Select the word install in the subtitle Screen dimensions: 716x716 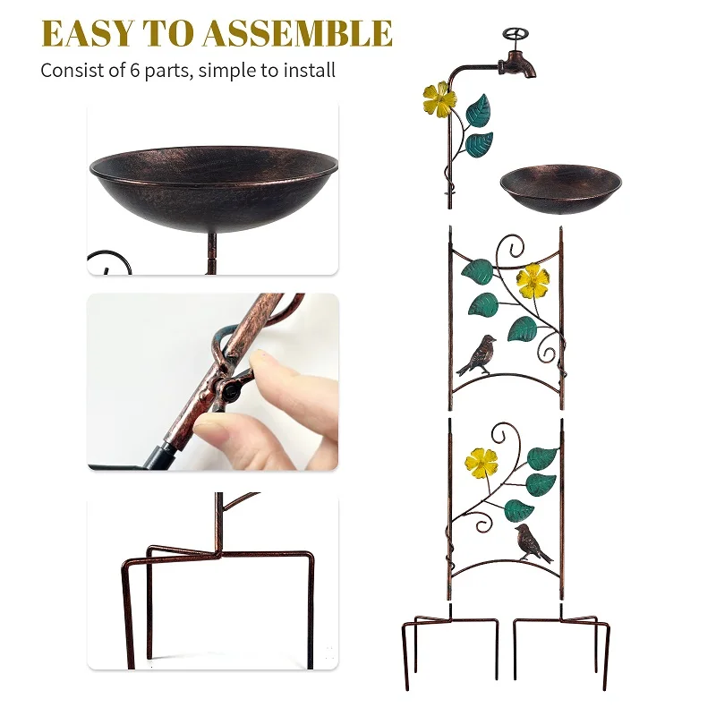[x=310, y=71]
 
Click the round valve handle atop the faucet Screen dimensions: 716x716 [x=516, y=34]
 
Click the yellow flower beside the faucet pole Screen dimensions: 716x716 [x=439, y=99]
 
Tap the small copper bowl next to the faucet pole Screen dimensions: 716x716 [x=561, y=189]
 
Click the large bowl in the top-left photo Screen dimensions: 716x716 [x=214, y=188]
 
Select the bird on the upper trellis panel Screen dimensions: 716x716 [x=478, y=354]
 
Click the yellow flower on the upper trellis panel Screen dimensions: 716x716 [x=533, y=280]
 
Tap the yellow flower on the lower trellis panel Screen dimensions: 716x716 [x=481, y=464]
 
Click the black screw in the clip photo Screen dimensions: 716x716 [x=230, y=391]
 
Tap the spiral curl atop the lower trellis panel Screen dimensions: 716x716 [x=505, y=435]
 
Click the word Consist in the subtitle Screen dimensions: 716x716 [x=70, y=71]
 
